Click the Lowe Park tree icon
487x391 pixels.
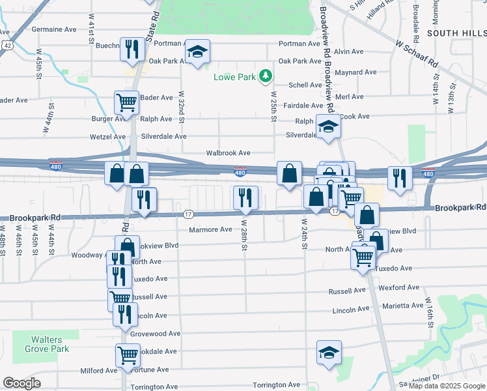click(265, 77)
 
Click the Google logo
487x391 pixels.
click(21, 383)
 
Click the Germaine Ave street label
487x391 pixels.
click(54, 29)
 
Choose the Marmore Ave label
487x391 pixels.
click(210, 229)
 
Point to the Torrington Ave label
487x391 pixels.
click(276, 385)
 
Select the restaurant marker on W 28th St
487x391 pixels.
click(245, 197)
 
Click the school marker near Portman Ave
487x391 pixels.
click(197, 52)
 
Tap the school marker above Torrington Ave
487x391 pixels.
click(329, 353)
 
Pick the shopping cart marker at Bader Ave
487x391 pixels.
click(126, 102)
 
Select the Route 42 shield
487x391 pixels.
click(6, 44)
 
